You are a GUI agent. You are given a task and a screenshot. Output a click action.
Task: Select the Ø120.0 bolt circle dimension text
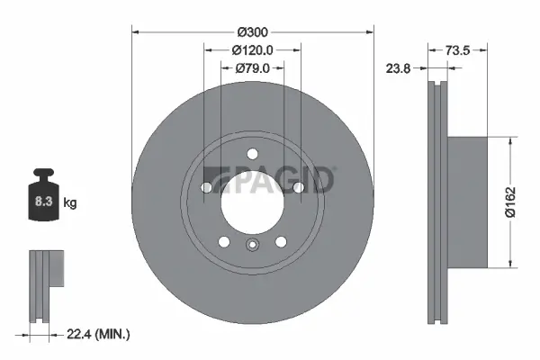click(252, 51)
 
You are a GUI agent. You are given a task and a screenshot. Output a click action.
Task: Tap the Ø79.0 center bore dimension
click(253, 68)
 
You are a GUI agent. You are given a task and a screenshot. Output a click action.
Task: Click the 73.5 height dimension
click(459, 51)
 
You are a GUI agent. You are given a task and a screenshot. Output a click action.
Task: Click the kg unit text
click(70, 204)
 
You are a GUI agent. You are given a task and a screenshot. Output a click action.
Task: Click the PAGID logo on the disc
click(269, 180)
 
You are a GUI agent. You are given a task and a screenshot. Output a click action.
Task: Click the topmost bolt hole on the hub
click(252, 152)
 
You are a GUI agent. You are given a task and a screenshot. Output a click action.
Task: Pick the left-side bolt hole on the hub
click(208, 187)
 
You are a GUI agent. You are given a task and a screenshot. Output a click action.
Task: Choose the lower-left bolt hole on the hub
click(224, 241)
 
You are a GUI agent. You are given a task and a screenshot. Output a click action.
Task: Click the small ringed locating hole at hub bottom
click(252, 246)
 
